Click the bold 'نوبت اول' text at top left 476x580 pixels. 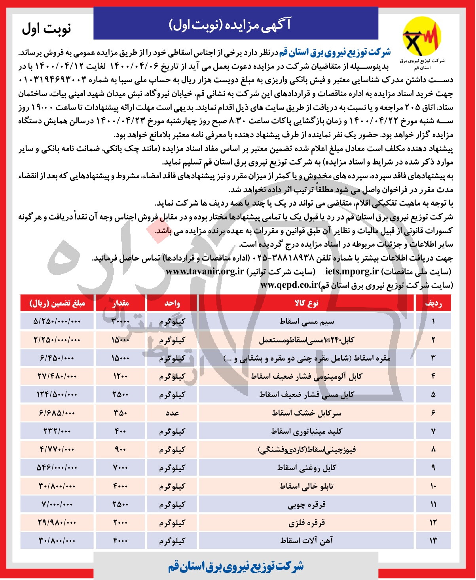(46, 28)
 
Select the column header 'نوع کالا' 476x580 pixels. (306, 303)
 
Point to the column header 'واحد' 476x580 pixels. (172, 303)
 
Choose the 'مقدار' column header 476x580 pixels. (120, 303)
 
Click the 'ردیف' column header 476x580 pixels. (433, 303)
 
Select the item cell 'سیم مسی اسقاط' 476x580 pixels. (307, 321)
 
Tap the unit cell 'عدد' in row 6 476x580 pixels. (172, 413)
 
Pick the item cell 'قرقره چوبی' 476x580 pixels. (307, 504)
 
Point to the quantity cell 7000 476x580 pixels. (120, 468)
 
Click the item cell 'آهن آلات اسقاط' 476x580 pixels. (307, 541)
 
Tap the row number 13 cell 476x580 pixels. (433, 541)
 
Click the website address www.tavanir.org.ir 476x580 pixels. (205, 272)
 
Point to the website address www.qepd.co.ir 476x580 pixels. (289, 285)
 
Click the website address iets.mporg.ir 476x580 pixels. (352, 272)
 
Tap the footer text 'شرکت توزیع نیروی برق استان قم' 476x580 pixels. (236, 566)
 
